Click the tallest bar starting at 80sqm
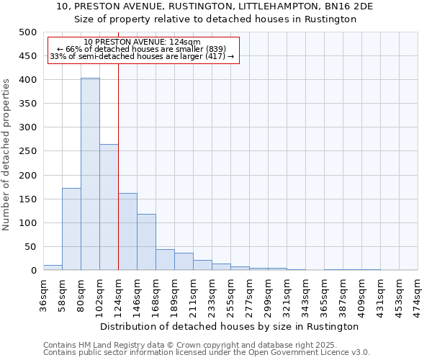pos(90,174)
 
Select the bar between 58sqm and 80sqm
pos(71,229)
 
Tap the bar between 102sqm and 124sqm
pos(109,207)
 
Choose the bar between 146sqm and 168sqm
pos(146,242)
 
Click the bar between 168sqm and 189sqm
pos(165,260)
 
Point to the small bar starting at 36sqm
pos(53,268)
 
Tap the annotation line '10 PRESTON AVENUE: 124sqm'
pos(143,42)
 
